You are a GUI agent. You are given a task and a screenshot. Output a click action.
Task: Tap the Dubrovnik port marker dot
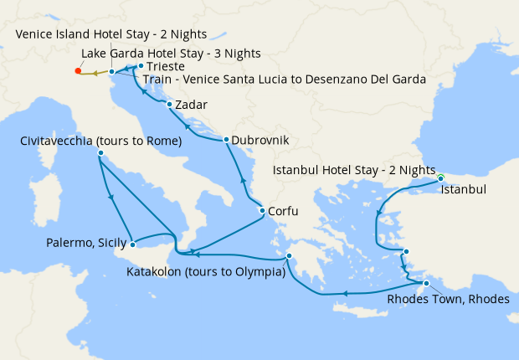pos(226,140)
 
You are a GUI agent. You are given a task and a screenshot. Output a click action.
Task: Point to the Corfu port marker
pos(262,211)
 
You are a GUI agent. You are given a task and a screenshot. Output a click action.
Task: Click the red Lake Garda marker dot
pos(78,71)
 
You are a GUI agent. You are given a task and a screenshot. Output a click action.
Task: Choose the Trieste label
pos(167,65)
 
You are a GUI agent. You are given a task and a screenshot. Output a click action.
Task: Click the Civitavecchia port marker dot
pos(100,154)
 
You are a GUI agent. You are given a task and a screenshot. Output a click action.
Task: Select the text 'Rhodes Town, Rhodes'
pos(447,300)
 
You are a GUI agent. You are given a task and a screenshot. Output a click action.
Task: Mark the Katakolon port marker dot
pos(287,257)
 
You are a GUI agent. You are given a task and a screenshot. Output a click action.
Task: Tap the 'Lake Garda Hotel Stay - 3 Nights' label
pos(171,53)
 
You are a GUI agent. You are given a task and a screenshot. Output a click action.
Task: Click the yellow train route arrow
pos(95,73)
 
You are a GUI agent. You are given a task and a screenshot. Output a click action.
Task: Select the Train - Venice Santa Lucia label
pos(285,80)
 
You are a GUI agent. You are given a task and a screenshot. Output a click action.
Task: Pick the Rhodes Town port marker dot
pos(426,285)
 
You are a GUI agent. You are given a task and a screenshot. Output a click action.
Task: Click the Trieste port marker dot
pos(140,65)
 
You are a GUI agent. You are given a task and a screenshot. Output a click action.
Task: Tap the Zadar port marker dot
pos(170,105)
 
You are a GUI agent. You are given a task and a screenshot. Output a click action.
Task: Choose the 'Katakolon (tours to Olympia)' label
pos(206,272)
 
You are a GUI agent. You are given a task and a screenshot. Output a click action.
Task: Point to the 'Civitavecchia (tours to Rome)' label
pos(100,141)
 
